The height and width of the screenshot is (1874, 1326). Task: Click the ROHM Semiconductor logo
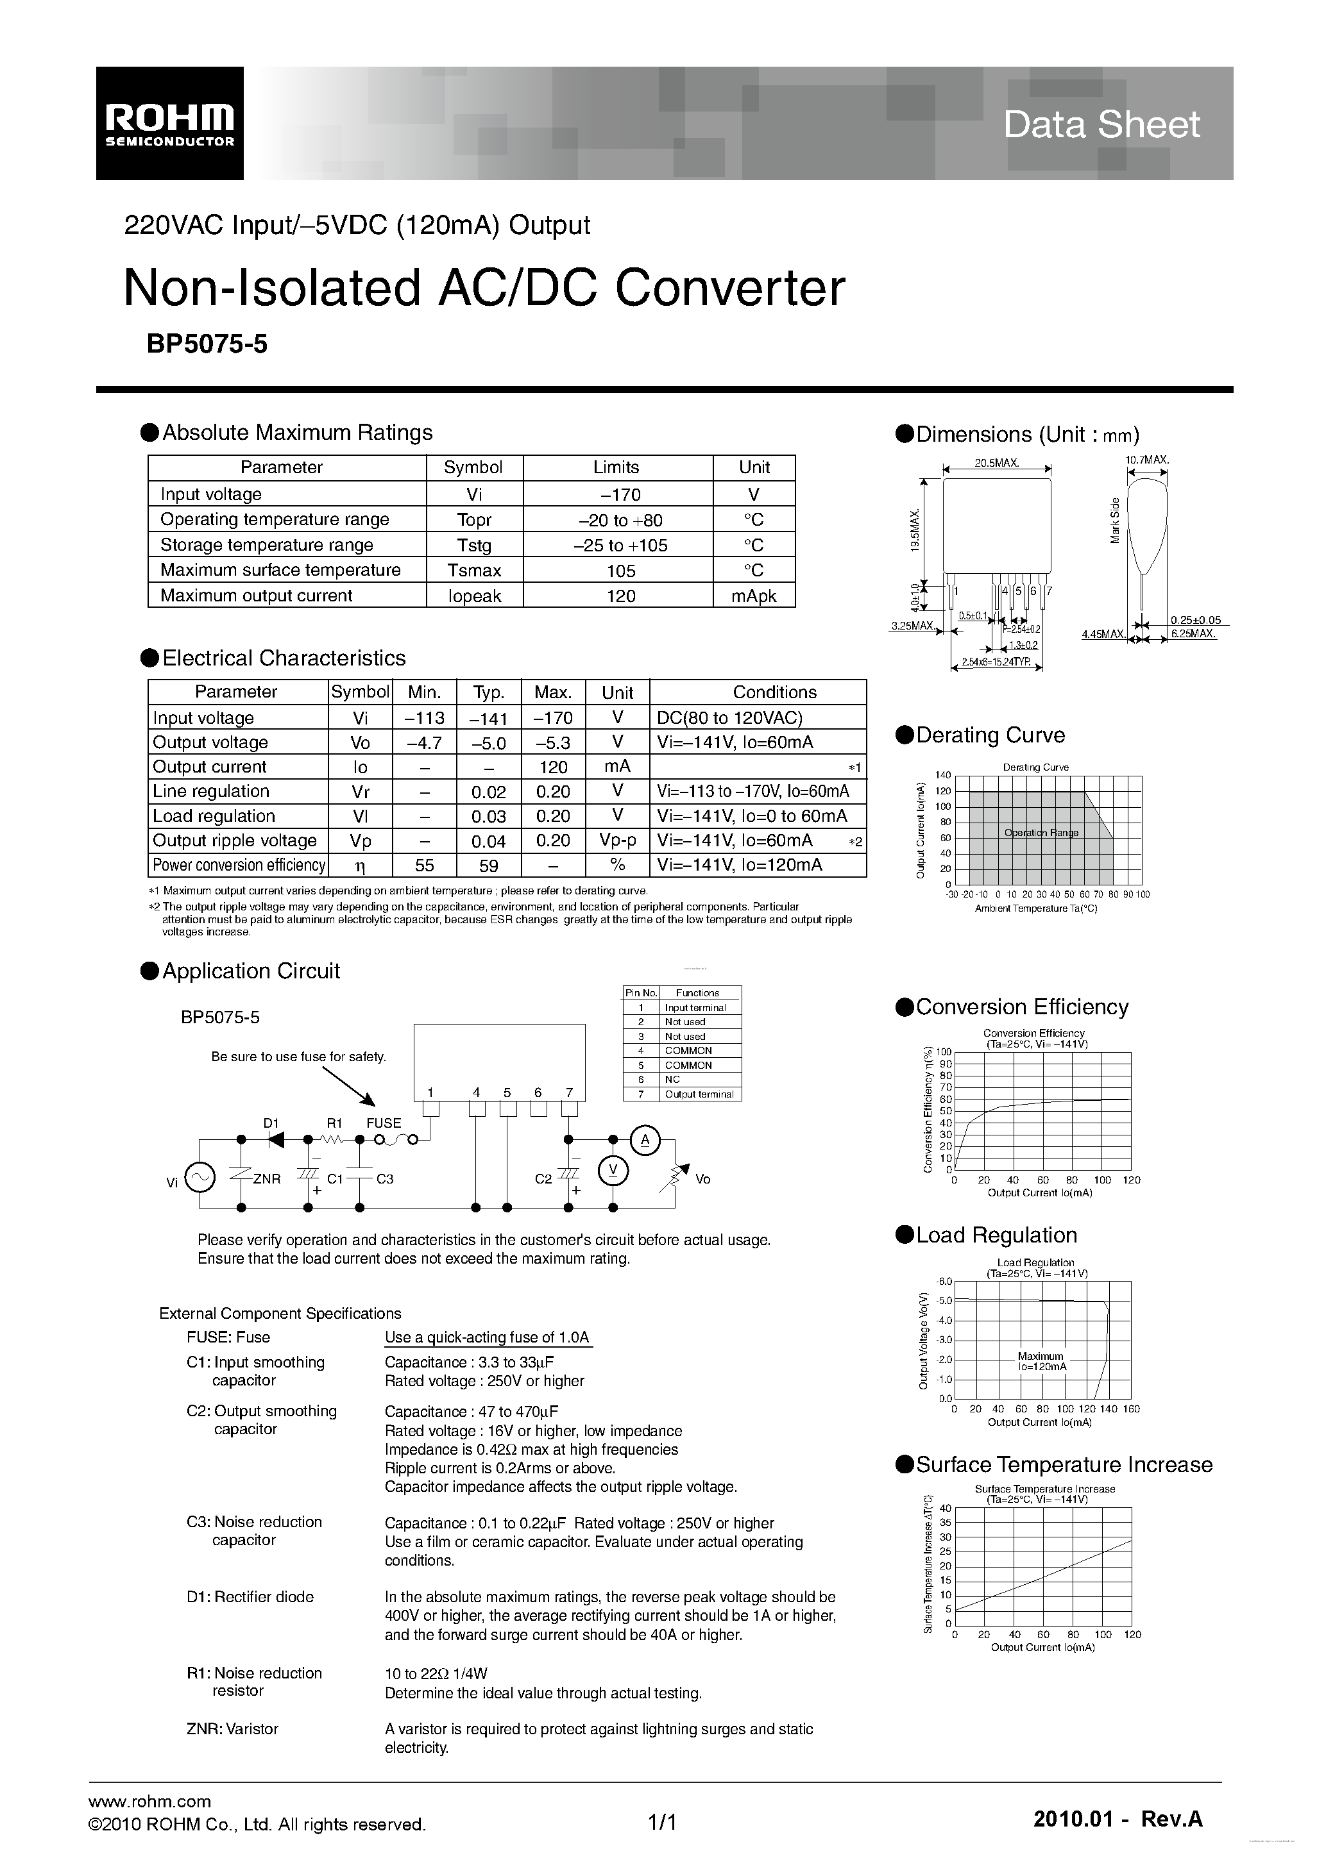point(169,123)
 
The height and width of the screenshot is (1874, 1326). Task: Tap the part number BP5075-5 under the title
point(207,344)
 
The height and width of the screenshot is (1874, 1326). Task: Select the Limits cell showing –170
point(617,494)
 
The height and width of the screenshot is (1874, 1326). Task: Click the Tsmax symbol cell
point(473,571)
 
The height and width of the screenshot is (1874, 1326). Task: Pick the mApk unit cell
point(754,596)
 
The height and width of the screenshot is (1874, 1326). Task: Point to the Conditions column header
point(774,692)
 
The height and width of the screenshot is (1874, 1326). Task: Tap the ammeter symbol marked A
point(645,1139)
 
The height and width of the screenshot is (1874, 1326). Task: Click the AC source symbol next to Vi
point(200,1177)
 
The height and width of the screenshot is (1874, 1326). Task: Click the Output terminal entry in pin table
point(699,1094)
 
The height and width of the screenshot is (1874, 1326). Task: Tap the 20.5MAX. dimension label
point(996,463)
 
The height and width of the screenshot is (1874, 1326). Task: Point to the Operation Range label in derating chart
point(1041,833)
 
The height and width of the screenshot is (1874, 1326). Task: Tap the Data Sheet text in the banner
point(1101,124)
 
